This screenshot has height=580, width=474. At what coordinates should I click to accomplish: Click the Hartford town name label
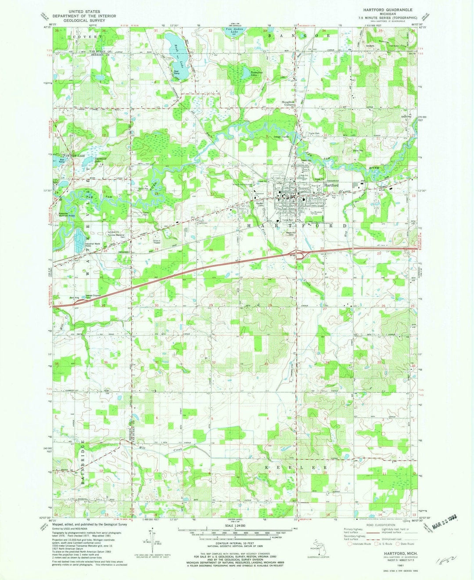click(x=331, y=185)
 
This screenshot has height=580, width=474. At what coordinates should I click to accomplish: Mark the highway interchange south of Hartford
click(x=300, y=255)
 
